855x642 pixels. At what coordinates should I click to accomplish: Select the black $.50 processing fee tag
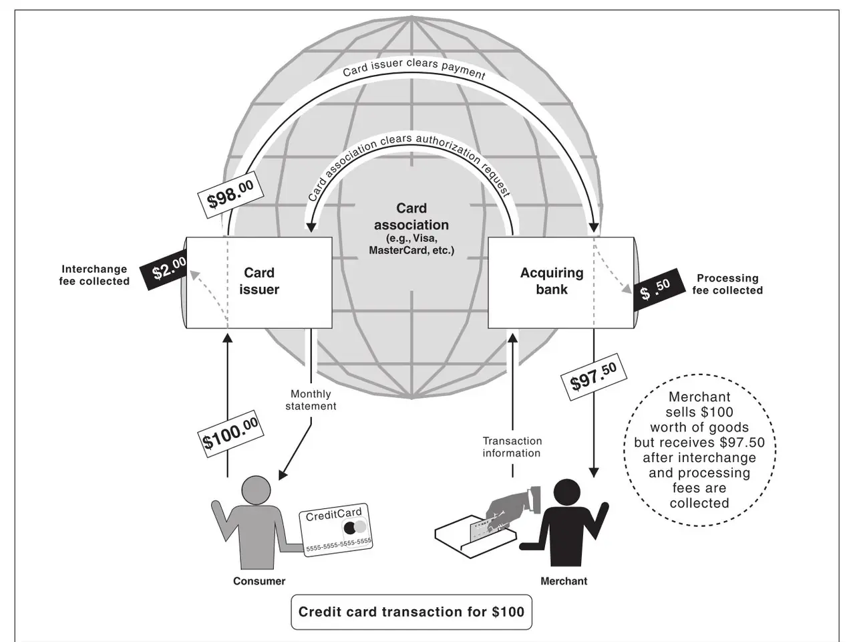click(x=655, y=290)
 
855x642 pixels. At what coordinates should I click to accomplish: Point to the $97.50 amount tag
click(x=592, y=378)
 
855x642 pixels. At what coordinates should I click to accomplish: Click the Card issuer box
click(x=259, y=282)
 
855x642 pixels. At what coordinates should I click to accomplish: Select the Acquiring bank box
click(x=552, y=282)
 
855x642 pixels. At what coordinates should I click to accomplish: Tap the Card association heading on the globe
click(x=411, y=217)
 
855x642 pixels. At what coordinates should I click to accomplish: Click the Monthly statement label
click(x=311, y=400)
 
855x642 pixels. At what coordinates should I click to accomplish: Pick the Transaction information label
click(x=512, y=447)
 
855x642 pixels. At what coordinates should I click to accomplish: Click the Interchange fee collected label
click(x=94, y=276)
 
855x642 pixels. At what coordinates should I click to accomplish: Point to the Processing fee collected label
click(x=727, y=284)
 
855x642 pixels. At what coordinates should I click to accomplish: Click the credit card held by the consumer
click(x=336, y=530)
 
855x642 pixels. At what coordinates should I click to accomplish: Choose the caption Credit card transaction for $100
click(x=411, y=612)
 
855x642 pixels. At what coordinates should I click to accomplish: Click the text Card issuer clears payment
click(x=413, y=68)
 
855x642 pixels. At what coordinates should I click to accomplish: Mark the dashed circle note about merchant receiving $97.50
click(x=699, y=450)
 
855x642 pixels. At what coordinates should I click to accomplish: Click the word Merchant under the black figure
click(x=564, y=581)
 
